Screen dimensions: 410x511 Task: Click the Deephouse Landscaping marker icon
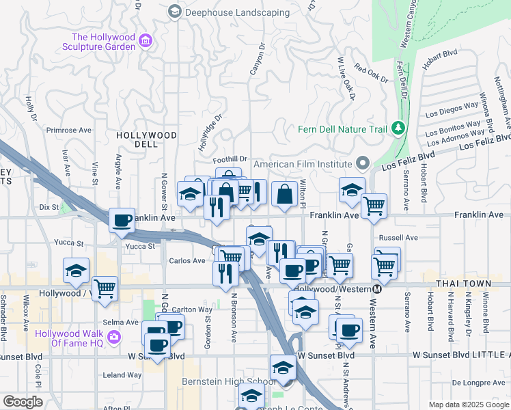click(175, 11)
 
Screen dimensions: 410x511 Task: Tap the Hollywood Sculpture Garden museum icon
click(144, 42)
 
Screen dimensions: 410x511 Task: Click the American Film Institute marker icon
click(363, 164)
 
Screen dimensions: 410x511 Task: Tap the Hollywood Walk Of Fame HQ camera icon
click(113, 337)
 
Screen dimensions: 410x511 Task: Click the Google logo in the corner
click(23, 402)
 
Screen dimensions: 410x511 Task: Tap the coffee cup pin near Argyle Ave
click(122, 220)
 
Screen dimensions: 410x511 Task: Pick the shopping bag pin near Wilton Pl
click(284, 194)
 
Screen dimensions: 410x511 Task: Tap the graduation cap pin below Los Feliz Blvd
click(352, 189)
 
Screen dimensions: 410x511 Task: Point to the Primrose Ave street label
click(68, 130)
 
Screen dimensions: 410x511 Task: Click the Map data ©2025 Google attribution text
click(468, 405)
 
